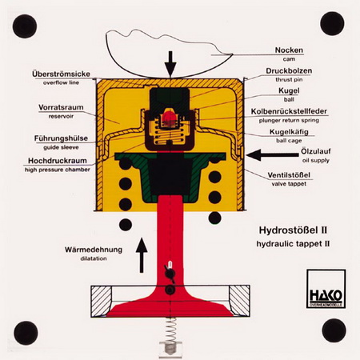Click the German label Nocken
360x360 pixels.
point(289,50)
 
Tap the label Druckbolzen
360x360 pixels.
point(289,71)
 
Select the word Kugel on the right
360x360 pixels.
point(289,90)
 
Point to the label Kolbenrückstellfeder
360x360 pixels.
point(289,111)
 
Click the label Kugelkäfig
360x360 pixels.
point(289,132)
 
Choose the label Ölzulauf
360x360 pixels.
point(316,151)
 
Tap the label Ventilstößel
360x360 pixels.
point(289,175)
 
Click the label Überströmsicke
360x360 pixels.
point(61,74)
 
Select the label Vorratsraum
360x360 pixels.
point(61,107)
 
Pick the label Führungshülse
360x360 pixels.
point(61,138)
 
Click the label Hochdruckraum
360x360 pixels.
point(58,161)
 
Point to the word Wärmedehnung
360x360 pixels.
point(94,250)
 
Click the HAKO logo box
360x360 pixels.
point(326,289)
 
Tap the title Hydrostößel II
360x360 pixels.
point(293,230)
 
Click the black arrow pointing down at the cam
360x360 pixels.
point(170,64)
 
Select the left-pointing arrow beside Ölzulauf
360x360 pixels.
point(273,154)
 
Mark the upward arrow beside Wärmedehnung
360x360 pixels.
point(142,255)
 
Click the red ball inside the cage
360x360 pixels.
point(168,117)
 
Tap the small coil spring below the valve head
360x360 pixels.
point(170,330)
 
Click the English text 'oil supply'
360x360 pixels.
point(316,160)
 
